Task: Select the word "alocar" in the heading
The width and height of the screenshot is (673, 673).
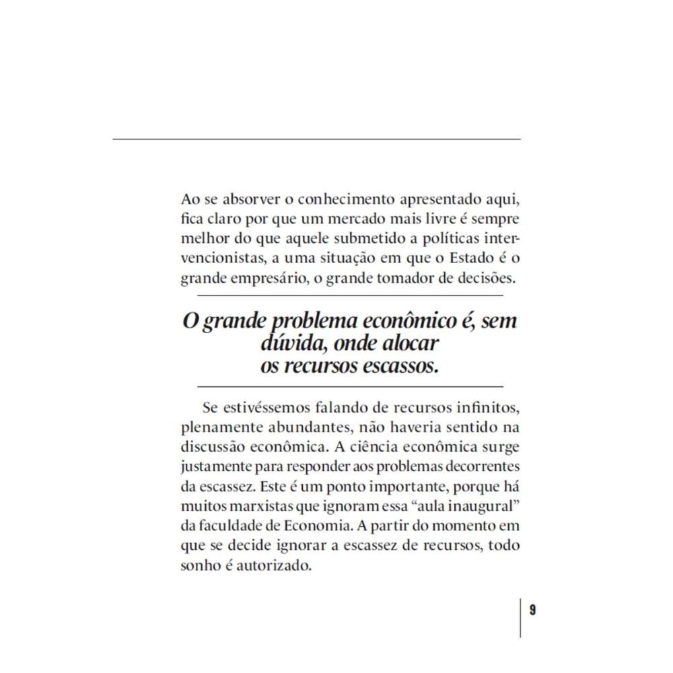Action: [x=407, y=344]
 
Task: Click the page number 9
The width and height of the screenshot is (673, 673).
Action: [x=532, y=610]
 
